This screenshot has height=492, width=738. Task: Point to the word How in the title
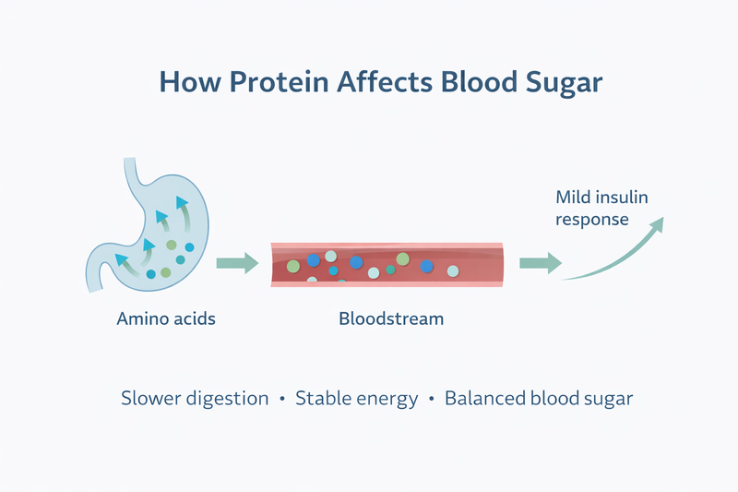[181, 81]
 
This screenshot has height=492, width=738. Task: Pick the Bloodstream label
[391, 319]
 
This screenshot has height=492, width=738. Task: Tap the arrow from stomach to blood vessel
[237, 264]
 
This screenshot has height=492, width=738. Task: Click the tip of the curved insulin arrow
[659, 222]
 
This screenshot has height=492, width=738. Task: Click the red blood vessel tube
[387, 262]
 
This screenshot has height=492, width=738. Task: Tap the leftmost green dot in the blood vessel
[293, 266]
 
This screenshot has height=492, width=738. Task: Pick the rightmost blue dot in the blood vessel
[427, 266]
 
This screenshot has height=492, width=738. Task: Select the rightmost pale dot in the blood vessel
[452, 271]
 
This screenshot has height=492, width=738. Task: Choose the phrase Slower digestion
[195, 400]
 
